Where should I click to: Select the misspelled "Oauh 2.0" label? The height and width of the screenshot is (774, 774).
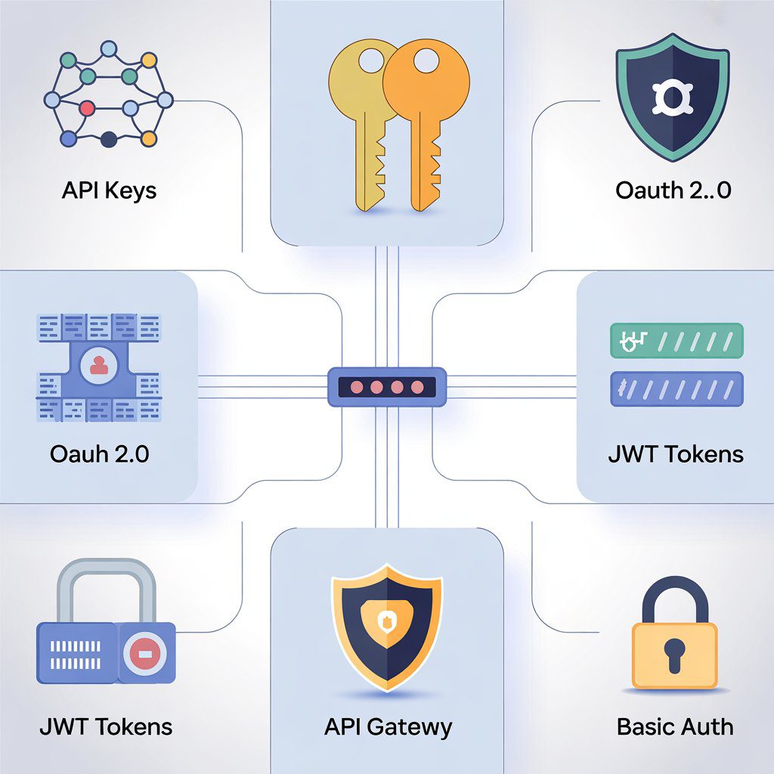click(x=99, y=454)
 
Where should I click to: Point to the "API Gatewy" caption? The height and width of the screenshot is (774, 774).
click(x=388, y=727)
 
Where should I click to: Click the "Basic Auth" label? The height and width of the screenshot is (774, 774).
click(x=675, y=727)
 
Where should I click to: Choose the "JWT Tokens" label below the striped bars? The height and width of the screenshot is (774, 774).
click(x=676, y=454)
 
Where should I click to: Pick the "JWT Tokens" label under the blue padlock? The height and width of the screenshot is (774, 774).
click(x=106, y=727)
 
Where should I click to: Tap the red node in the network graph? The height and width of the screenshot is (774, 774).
click(x=87, y=108)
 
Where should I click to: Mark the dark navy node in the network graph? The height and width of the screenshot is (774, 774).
click(x=109, y=138)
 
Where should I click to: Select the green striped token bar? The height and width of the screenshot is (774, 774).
click(x=676, y=340)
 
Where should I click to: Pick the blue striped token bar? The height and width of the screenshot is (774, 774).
click(x=676, y=389)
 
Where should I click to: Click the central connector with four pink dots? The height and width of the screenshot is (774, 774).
click(x=386, y=387)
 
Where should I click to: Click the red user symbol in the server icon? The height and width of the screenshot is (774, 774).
click(x=98, y=366)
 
